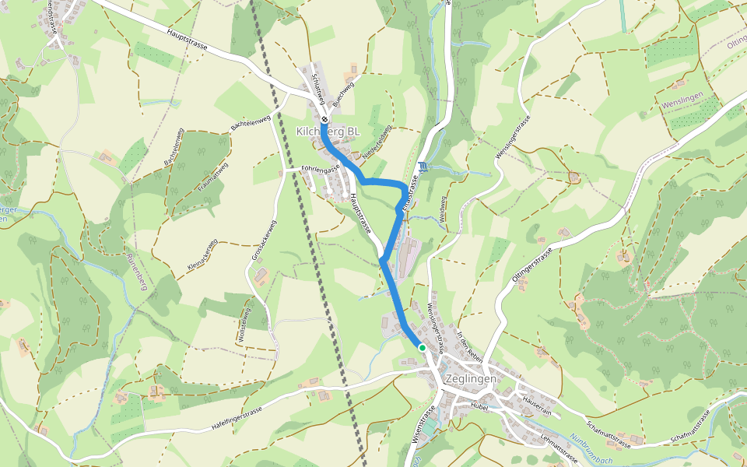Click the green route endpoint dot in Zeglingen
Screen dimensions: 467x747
422,347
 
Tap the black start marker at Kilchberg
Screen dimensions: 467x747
324,120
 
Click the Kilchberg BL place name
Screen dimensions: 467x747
328,132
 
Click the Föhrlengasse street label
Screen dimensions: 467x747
321,169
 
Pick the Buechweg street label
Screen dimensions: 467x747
343,93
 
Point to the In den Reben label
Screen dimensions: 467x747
471,347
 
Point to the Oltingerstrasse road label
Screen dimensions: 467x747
532,269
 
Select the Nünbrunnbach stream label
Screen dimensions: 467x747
591,449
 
